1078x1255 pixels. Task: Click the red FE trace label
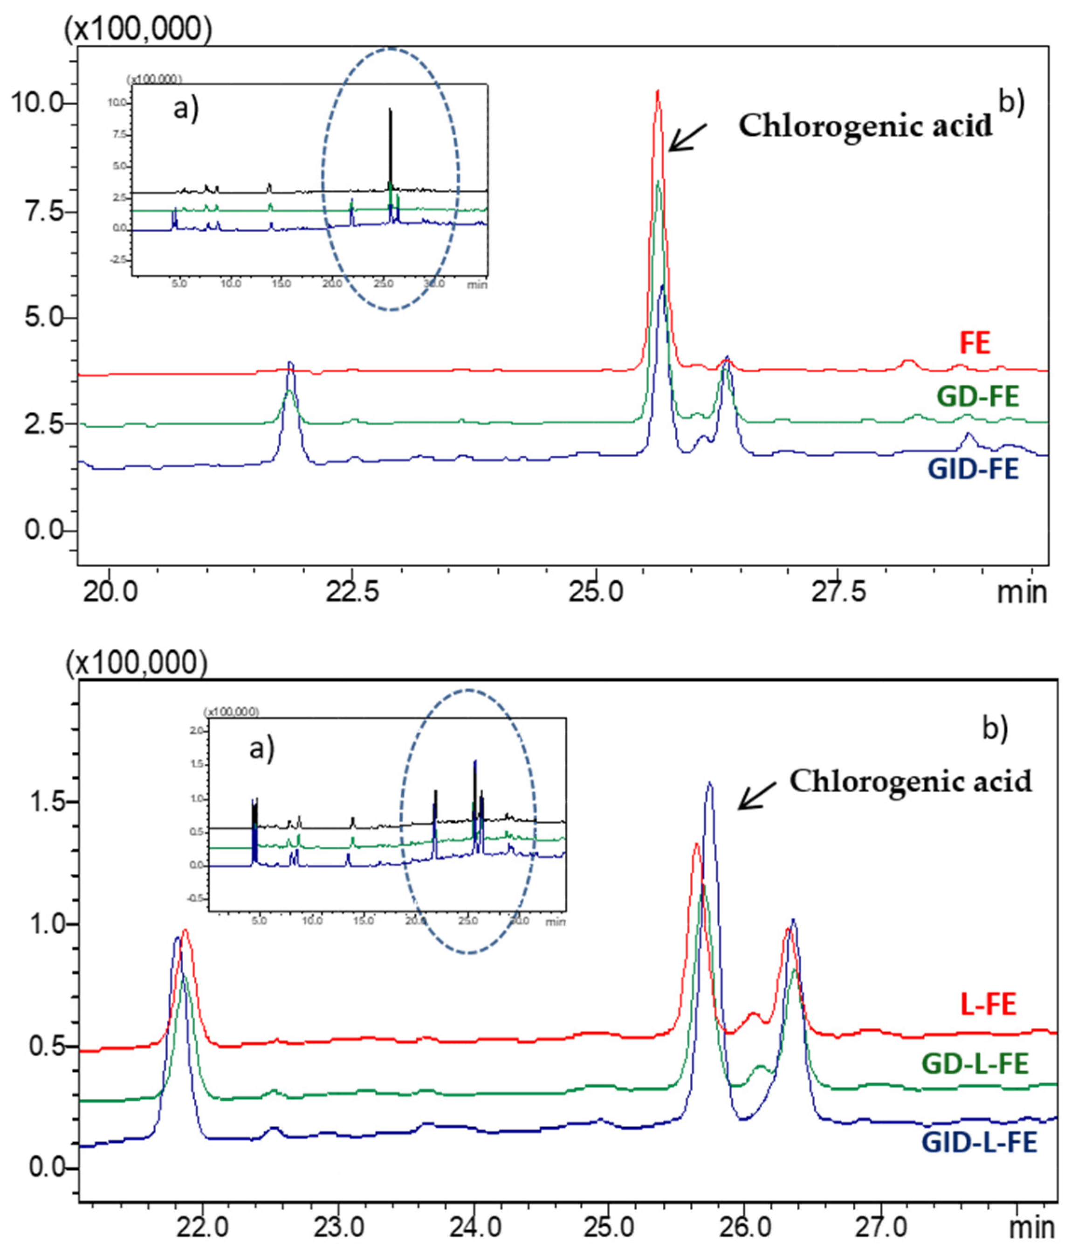tap(975, 343)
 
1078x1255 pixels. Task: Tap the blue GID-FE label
tap(973, 470)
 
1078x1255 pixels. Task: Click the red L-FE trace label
tap(988, 1004)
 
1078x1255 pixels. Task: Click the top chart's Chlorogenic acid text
tap(865, 125)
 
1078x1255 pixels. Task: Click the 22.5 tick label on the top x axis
tap(352, 592)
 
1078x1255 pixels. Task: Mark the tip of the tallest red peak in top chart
tap(657, 91)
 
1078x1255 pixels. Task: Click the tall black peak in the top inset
tap(391, 110)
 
